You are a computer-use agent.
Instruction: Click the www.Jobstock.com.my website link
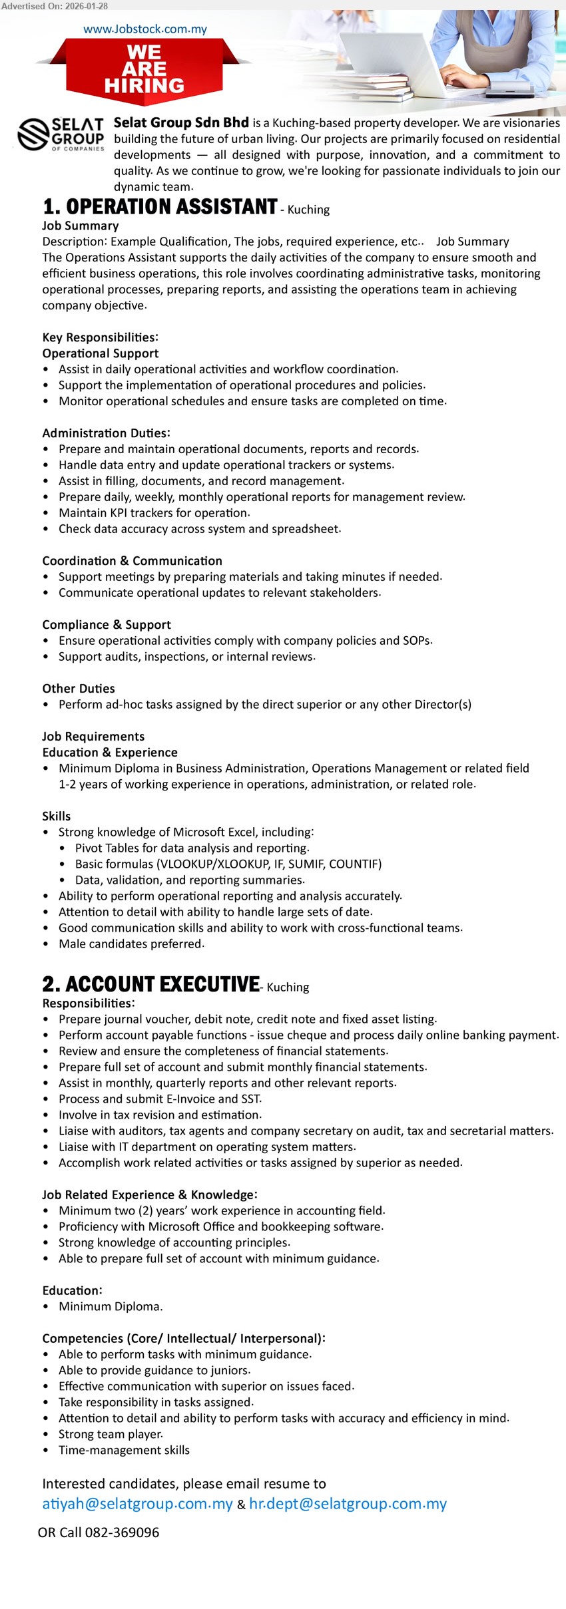point(144,29)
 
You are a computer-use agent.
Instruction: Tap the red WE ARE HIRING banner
point(144,69)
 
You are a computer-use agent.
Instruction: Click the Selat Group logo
point(61,134)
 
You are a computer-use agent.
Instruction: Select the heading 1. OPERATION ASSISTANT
point(160,208)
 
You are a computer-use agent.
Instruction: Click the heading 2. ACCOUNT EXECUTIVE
point(151,985)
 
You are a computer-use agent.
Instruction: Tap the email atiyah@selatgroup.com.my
point(137,1504)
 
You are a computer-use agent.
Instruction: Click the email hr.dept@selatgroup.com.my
point(348,1504)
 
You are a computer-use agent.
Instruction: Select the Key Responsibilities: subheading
point(100,337)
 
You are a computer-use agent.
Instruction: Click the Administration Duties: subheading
point(106,433)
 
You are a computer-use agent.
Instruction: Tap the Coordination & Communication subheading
point(132,561)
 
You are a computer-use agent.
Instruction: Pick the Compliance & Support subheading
point(107,625)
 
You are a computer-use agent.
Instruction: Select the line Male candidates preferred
point(131,944)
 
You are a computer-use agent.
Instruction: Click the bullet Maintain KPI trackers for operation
point(154,513)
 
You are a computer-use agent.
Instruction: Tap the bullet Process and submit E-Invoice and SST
point(160,1099)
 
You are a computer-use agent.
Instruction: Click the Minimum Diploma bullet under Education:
point(110,1307)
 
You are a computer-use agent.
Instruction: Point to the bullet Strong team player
point(111,1435)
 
